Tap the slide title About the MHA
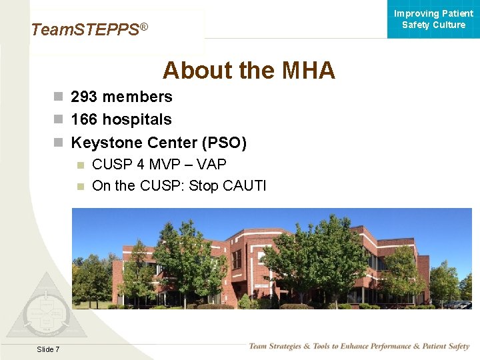point(249,70)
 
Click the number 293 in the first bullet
point(84,97)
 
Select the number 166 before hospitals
point(84,120)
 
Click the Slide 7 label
point(48,349)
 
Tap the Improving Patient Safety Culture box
point(433,19)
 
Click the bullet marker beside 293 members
point(59,97)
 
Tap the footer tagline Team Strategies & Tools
point(359,346)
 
